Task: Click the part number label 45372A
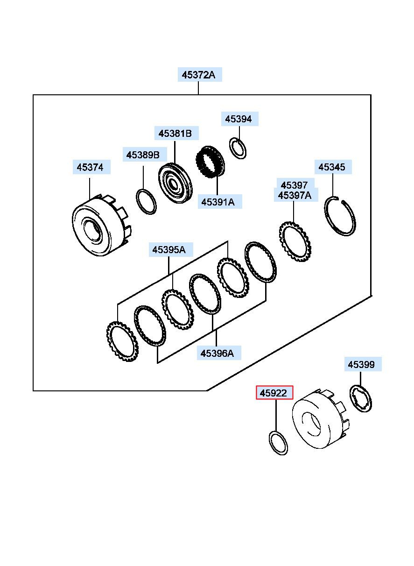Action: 200,75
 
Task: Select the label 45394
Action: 240,119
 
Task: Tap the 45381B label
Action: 176,133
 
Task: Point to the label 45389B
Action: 145,155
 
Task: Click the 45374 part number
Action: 91,167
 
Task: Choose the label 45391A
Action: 219,202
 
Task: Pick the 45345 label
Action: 333,167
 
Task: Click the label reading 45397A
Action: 296,195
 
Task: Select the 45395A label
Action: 170,250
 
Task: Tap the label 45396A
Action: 219,353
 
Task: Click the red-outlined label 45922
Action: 274,393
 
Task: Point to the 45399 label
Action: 363,364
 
